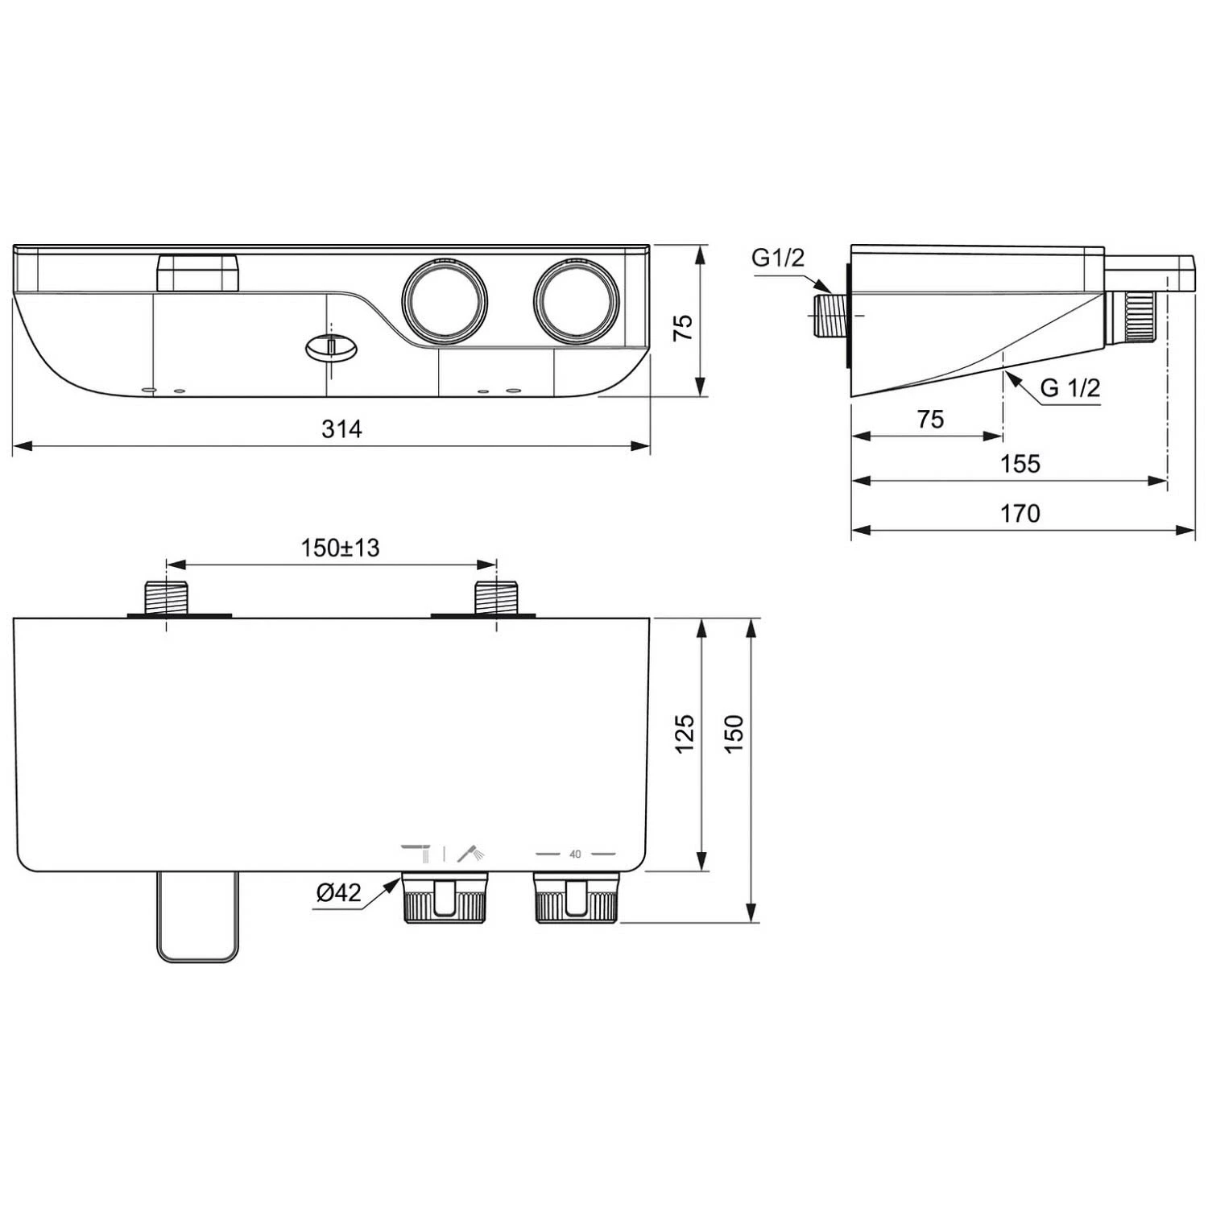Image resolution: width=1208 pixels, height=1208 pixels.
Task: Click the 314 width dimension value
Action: point(341,428)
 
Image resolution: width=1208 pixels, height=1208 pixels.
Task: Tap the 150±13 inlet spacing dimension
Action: point(340,548)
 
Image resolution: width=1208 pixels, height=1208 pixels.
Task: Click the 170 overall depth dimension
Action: point(1020,513)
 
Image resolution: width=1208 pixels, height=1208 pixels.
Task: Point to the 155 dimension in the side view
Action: point(1020,464)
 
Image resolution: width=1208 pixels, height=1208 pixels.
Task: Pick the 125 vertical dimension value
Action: point(684,733)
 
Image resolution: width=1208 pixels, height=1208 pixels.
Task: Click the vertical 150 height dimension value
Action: point(734,733)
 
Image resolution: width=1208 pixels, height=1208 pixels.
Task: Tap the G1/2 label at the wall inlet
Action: point(778,258)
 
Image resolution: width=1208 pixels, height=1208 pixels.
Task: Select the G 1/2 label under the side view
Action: point(1070,387)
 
